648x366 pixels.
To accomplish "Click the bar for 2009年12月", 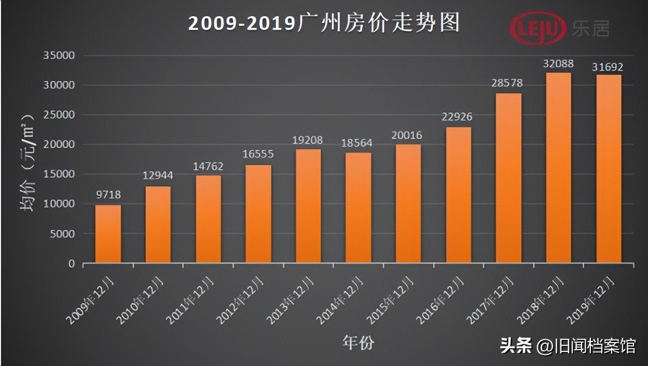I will click(108, 234).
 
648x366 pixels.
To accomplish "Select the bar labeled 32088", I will click(558, 167).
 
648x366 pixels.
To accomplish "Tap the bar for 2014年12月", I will click(358, 207).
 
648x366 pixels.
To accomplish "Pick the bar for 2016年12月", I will click(458, 195).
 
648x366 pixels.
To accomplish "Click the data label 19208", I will click(308, 140).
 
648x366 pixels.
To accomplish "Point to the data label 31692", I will click(608, 67).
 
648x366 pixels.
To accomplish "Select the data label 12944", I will click(158, 175).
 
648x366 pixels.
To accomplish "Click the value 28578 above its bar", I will click(508, 83).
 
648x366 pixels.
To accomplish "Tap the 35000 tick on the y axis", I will click(60, 55).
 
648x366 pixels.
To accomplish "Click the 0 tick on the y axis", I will click(71, 264).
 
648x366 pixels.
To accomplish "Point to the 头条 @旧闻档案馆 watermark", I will click(568, 346).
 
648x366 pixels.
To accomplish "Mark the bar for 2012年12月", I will click(258, 213).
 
